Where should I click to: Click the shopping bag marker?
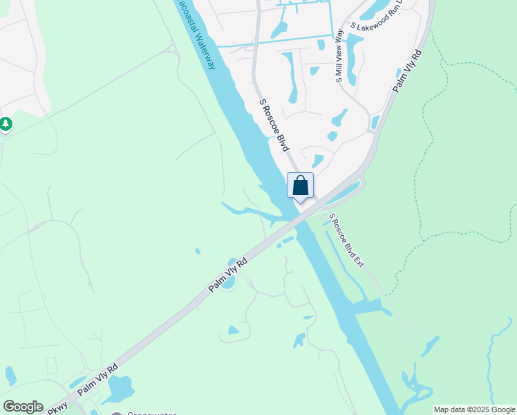[x=300, y=186]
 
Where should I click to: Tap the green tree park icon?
[x=6, y=124]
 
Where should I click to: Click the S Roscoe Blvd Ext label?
[x=346, y=240]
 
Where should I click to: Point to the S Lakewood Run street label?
[x=377, y=26]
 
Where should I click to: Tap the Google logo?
[x=23, y=407]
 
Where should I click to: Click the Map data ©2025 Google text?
[x=475, y=409]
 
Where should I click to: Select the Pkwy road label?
[x=57, y=408]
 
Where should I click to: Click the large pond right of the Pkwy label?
[x=120, y=389]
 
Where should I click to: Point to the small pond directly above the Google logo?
[x=10, y=376]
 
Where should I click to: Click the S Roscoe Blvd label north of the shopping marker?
[x=273, y=125]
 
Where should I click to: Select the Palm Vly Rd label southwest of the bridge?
[x=228, y=275]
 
